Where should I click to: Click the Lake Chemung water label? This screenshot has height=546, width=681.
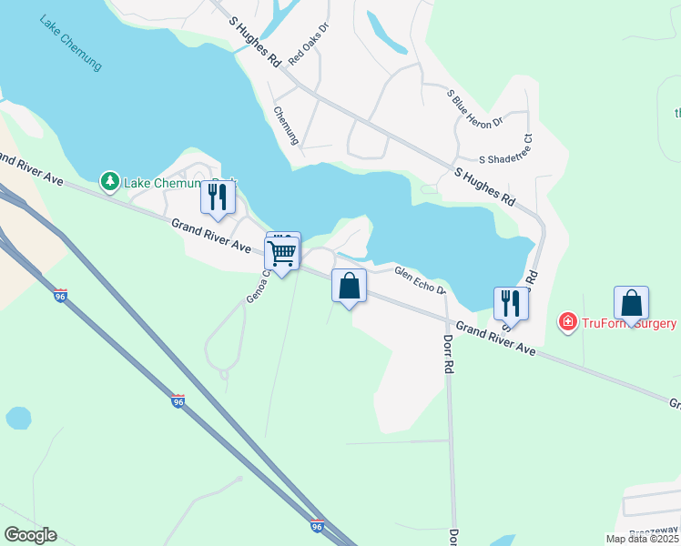[70, 43]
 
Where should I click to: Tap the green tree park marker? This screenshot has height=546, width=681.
[110, 182]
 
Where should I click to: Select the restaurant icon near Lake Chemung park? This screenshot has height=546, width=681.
[217, 197]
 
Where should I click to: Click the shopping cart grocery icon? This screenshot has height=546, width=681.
[283, 252]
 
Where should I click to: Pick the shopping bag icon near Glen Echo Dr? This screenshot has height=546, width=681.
[349, 287]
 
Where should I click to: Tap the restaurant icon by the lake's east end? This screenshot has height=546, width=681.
[511, 303]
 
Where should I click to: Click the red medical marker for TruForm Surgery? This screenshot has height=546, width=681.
[567, 322]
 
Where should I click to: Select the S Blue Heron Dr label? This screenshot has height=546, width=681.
[473, 108]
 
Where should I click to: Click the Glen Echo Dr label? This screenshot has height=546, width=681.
[418, 279]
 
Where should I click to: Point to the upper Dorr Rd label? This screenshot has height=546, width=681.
[448, 355]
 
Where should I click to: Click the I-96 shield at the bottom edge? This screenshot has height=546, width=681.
[316, 526]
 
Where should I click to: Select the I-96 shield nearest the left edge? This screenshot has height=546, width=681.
[60, 296]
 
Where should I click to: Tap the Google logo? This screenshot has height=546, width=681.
[30, 535]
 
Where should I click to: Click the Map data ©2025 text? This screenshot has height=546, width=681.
[642, 539]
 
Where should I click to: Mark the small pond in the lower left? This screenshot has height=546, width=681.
[17, 418]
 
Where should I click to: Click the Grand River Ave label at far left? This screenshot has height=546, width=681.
[31, 170]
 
